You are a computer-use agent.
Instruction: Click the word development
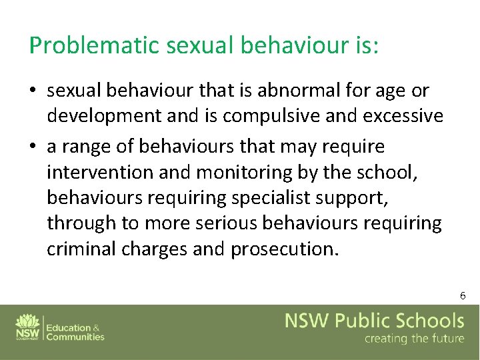point(103,116)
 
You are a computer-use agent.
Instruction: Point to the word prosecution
point(285,249)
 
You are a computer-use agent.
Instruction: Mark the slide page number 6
point(462,295)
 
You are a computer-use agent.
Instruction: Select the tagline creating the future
point(413,339)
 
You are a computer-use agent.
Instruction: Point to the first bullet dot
point(33,91)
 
